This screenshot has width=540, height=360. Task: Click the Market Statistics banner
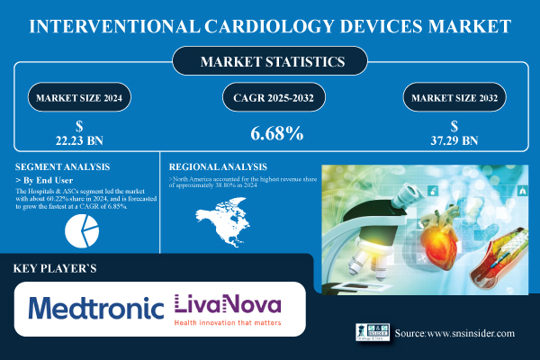(269, 63)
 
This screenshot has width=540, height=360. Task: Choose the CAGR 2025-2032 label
(269, 95)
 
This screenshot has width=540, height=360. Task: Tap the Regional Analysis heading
(220, 166)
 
